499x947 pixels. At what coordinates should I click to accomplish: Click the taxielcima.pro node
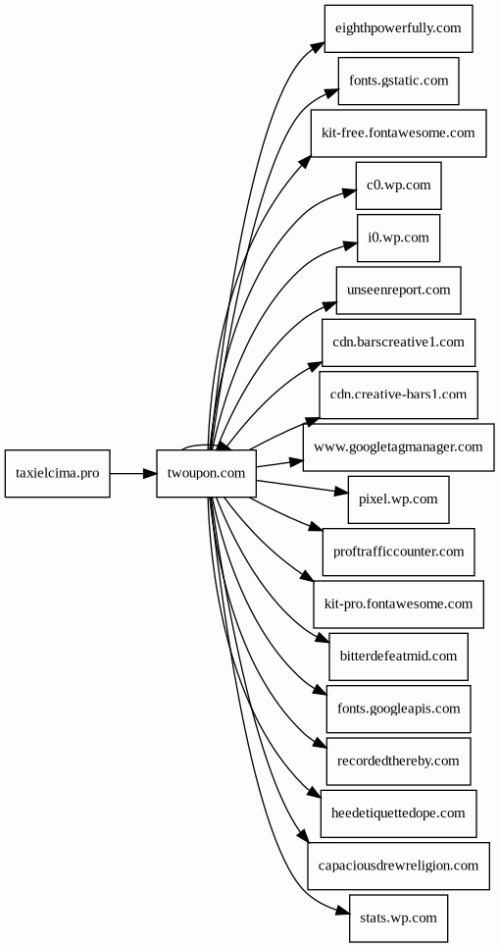(57, 473)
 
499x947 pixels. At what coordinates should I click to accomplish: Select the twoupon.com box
(206, 473)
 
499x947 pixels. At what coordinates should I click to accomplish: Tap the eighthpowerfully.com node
(398, 28)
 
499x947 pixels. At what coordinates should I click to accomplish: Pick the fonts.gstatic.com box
(398, 80)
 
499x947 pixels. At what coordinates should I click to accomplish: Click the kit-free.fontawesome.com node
(398, 132)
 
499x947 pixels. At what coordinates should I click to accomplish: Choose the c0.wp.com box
(398, 185)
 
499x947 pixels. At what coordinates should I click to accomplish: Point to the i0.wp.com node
(398, 237)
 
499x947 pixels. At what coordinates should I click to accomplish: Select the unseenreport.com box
(398, 289)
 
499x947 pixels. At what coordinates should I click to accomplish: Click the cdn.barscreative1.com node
(398, 342)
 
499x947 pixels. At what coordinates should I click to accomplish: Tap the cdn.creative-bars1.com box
(398, 395)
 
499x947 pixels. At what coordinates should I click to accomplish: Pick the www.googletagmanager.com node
(398, 447)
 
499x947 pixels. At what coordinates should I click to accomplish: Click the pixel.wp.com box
(398, 500)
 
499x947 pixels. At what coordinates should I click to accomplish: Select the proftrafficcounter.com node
(398, 552)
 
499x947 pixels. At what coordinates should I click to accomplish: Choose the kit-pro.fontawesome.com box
(398, 604)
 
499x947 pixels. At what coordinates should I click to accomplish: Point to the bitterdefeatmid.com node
(398, 657)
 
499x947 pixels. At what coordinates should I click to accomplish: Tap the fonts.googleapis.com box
(398, 710)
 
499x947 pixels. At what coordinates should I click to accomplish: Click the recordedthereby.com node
(398, 761)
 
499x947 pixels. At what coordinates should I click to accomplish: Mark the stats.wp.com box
(398, 918)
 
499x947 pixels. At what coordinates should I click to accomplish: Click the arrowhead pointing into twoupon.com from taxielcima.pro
(149, 473)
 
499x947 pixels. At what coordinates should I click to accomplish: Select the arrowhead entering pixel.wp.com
(341, 493)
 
